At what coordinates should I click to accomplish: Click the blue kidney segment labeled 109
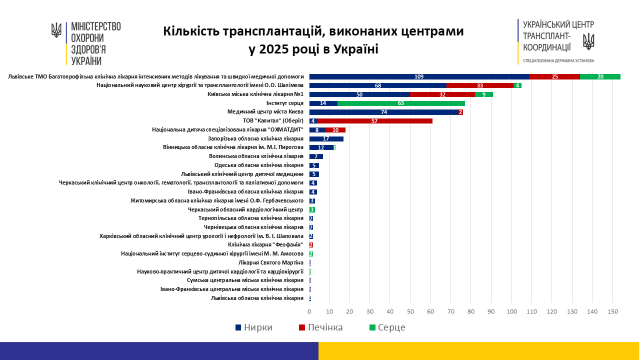(x=419, y=76)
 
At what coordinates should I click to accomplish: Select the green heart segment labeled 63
(x=401, y=103)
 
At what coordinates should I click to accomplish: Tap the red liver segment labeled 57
(x=374, y=121)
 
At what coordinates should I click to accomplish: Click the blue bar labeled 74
(x=384, y=112)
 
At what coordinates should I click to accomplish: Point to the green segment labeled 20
(x=600, y=76)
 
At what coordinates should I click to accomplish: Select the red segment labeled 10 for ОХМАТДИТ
(x=335, y=129)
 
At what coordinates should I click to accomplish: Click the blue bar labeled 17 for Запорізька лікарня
(x=326, y=138)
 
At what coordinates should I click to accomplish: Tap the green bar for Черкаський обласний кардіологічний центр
(x=312, y=209)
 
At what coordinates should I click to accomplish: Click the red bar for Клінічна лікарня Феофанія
(x=311, y=245)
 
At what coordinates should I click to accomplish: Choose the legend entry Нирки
(x=253, y=327)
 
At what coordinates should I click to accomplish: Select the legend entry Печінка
(x=320, y=327)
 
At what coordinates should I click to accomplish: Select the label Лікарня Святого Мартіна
(x=271, y=262)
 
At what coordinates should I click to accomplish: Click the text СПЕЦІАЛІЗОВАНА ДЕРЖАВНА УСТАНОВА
(x=558, y=60)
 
